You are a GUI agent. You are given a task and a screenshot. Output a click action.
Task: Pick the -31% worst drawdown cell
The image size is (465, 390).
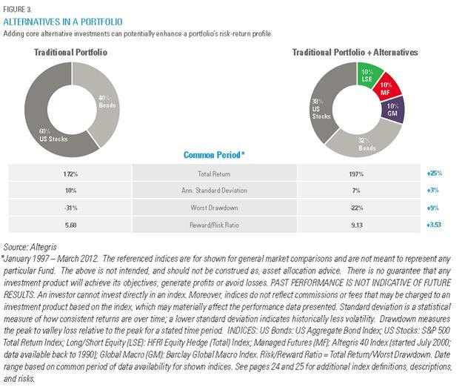click(x=70, y=208)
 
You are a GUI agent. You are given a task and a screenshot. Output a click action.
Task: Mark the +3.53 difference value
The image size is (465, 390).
click(x=434, y=225)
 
